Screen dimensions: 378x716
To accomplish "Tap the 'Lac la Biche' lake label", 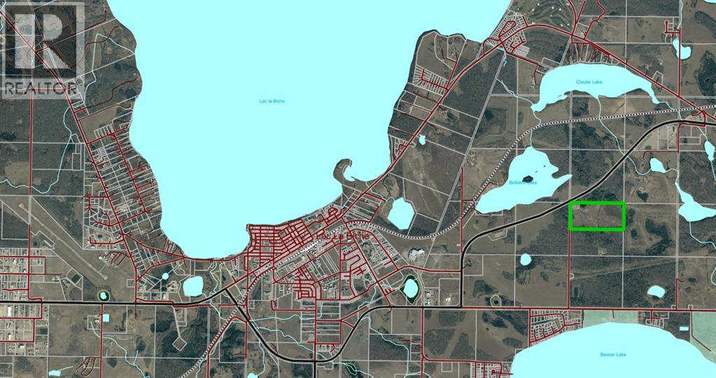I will (x=272, y=101).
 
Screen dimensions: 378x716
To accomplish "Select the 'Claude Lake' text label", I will (x=589, y=82).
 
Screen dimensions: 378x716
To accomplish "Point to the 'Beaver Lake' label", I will (x=612, y=354).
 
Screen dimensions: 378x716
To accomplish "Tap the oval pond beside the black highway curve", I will (x=410, y=286).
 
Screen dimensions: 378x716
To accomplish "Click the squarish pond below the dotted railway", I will (x=400, y=213).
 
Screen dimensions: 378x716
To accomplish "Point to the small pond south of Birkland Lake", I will (x=526, y=259).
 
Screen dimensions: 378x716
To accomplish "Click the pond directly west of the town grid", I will (x=192, y=285).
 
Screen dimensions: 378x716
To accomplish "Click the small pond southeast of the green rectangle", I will (x=656, y=291).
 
